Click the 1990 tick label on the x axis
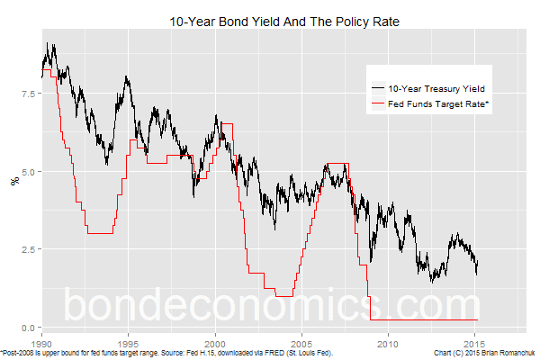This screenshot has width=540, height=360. pyautogui.click(x=41, y=343)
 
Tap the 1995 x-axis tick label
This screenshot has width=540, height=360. pyautogui.click(x=128, y=343)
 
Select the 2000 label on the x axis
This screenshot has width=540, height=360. pyautogui.click(x=215, y=343)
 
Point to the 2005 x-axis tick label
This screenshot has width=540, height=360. pyautogui.click(x=301, y=343)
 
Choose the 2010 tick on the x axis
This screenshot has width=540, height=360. pyautogui.click(x=388, y=343)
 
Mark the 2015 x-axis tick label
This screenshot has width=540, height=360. pyautogui.click(x=475, y=343)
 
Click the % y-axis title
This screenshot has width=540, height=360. pyautogui.click(x=13, y=180)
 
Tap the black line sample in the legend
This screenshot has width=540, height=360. pyautogui.click(x=378, y=89)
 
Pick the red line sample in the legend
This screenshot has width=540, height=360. pyautogui.click(x=378, y=104)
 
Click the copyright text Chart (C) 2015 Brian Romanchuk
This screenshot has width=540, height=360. pyautogui.click(x=484, y=354)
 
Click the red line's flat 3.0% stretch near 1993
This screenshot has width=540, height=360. pyautogui.click(x=100, y=233)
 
